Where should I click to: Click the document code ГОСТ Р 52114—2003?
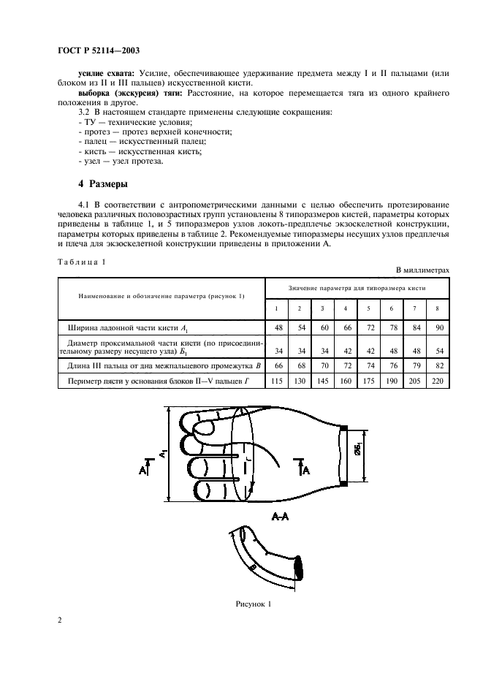coord(99,51)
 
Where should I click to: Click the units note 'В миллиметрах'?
coord(422,270)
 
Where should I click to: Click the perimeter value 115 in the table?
coord(278,381)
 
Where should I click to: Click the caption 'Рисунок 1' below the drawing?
coord(253,604)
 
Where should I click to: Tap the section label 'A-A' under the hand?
coord(279,517)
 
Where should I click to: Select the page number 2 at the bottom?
coord(58,620)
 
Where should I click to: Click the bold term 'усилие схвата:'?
coord(107,75)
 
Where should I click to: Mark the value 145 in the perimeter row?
coord(323,381)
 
